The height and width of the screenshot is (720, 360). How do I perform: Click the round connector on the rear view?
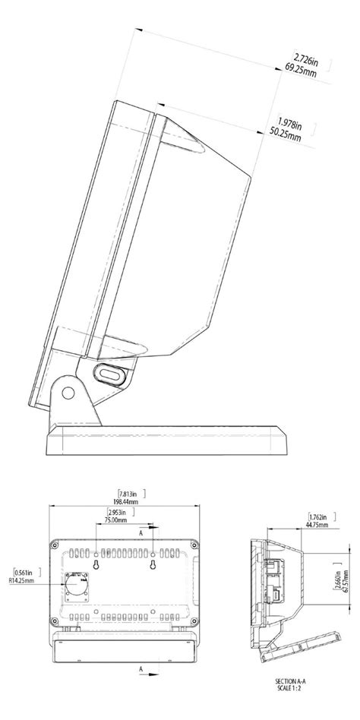tap(77, 586)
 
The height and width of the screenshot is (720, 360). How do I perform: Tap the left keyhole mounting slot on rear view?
tap(97, 567)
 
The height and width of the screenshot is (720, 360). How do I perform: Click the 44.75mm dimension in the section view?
tap(317, 523)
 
